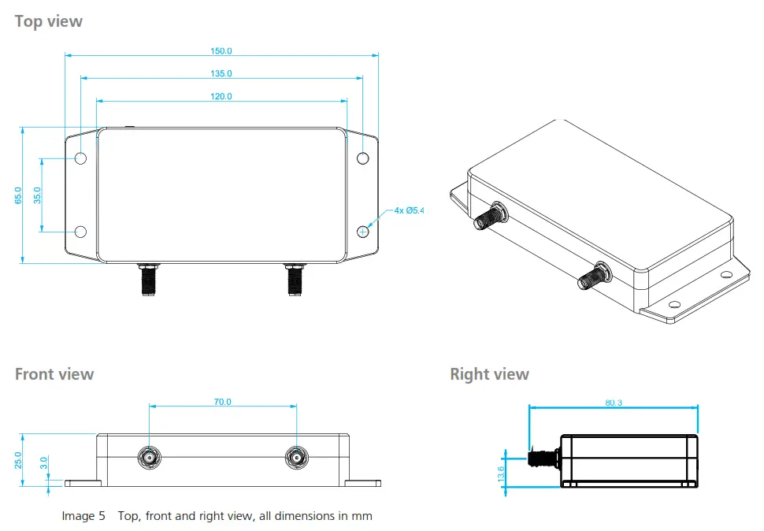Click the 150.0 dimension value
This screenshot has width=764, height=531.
(x=221, y=51)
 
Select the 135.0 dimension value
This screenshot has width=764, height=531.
(x=221, y=73)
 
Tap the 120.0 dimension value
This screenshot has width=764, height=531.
(x=221, y=96)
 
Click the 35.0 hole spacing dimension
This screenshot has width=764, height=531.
(x=38, y=195)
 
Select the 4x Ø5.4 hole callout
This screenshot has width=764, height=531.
(x=409, y=210)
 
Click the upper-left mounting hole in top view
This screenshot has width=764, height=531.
(x=80, y=158)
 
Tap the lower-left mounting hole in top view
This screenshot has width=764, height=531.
(x=80, y=232)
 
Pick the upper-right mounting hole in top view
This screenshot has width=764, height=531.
(x=362, y=158)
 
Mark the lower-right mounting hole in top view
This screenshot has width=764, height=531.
(x=362, y=232)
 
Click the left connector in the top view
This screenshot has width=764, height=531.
(x=148, y=280)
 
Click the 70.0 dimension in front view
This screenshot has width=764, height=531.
(x=222, y=402)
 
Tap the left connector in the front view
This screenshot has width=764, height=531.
(x=148, y=457)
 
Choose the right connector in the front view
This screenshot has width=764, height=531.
(x=296, y=457)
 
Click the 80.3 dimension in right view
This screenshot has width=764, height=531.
(x=614, y=403)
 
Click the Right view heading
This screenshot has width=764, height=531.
(x=489, y=374)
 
